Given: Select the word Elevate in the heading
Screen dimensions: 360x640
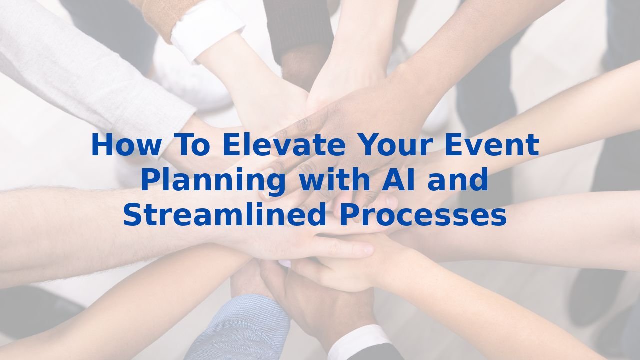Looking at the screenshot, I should [283, 145].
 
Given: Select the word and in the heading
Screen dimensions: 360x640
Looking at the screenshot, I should [457, 181].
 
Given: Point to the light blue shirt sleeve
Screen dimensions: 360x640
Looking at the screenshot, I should [240, 330].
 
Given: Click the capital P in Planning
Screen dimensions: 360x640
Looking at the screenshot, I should [149, 181].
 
